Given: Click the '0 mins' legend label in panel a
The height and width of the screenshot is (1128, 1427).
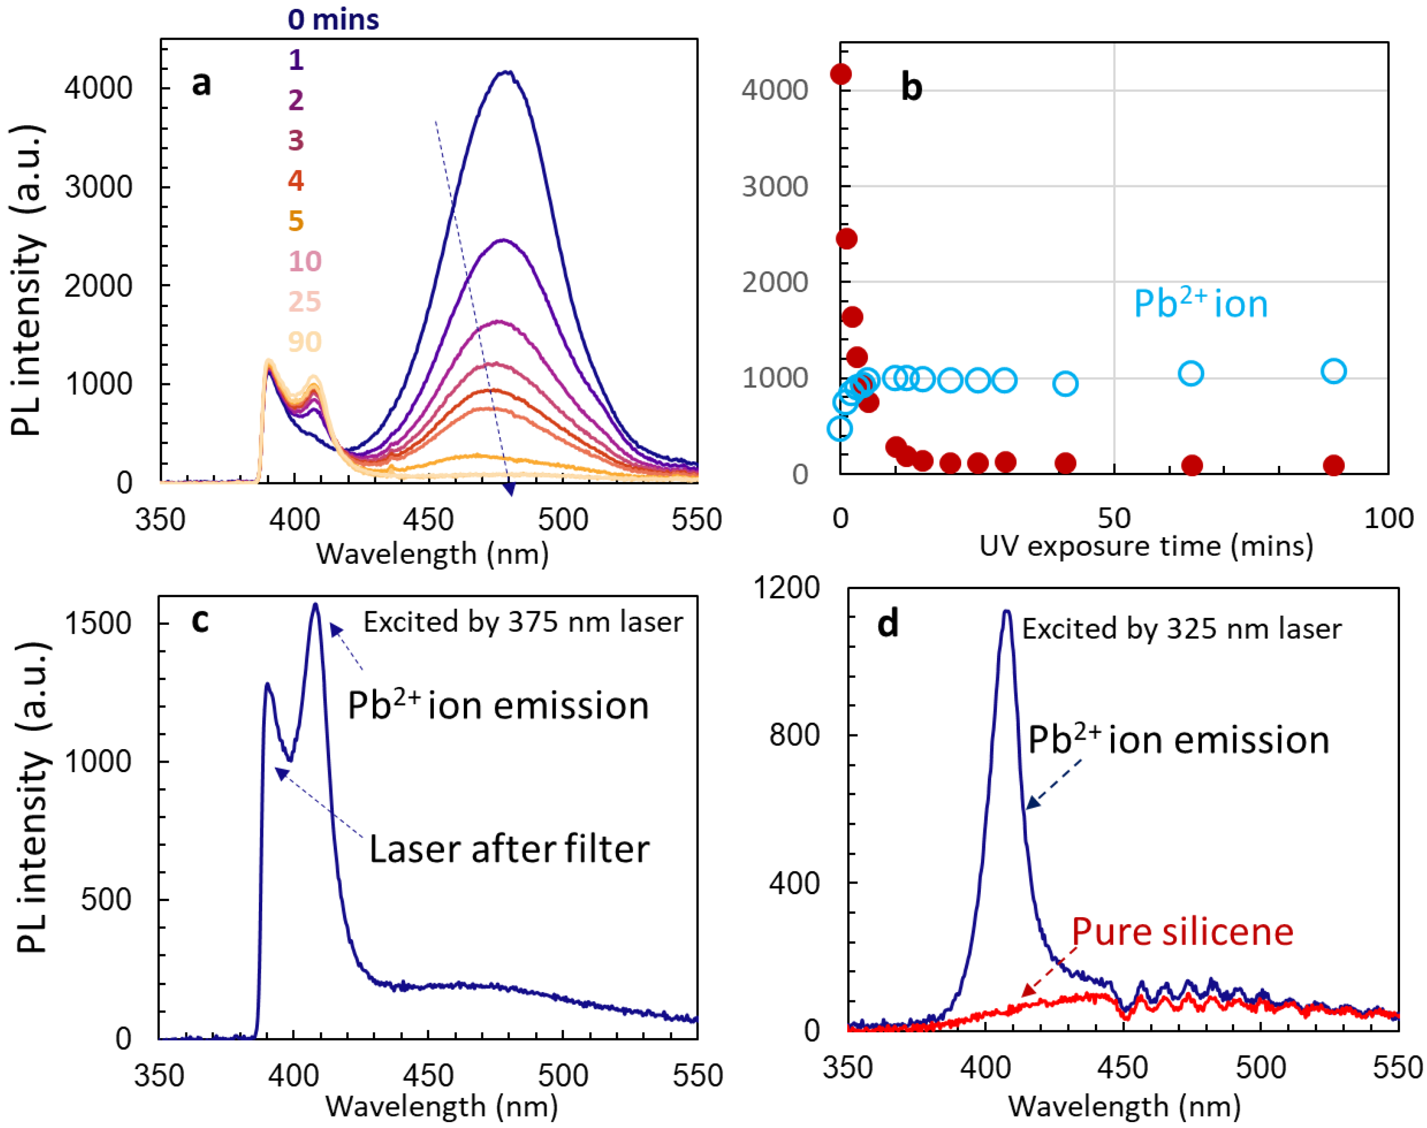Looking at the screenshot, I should pos(333,20).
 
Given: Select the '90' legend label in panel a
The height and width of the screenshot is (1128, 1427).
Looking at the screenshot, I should pos(305,341).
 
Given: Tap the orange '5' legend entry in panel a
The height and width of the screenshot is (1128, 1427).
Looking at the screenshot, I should pos(295,221).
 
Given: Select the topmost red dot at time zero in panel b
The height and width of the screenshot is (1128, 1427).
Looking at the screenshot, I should pos(840,74).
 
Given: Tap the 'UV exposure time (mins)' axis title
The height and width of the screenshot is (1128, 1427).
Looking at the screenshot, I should pos(1146,546).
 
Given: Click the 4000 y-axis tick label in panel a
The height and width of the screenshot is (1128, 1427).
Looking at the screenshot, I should pos(98,88).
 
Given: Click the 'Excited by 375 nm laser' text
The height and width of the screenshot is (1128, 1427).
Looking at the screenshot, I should pos(522,622).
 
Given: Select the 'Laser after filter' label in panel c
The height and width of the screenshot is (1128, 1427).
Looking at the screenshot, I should pos(509,849).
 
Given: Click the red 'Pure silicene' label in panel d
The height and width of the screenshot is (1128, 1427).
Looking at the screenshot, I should pos(1182,932).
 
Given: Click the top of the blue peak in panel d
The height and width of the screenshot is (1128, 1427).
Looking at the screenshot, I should pos(1006,612).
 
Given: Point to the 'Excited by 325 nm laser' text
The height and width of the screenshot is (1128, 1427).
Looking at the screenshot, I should pos(1181,629).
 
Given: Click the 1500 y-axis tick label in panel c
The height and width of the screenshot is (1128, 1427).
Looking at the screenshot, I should pos(98,623).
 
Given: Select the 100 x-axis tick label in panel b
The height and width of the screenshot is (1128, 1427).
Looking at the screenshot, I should pos(1388,518).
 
